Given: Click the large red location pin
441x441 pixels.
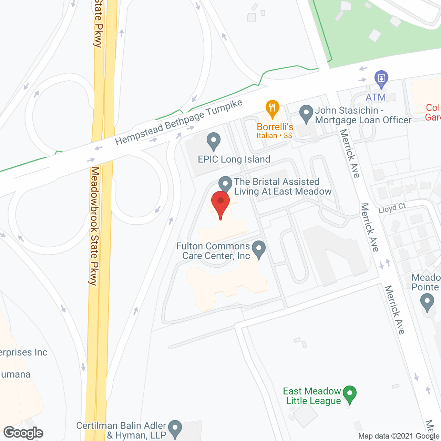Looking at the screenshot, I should click(220, 203).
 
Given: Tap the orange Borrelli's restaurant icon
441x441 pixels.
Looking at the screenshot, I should click(272, 108).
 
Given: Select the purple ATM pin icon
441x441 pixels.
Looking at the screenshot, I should click(381, 79).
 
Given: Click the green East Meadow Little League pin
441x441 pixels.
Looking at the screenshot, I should click(350, 394).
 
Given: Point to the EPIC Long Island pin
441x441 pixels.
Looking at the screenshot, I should click(214, 141).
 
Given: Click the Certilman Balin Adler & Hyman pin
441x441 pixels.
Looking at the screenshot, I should click(175, 428).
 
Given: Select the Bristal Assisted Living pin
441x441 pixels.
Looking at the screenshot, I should click(225, 183).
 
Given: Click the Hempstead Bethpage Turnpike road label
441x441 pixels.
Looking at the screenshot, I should click(179, 122).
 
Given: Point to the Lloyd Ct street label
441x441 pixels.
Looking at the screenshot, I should click(392, 208).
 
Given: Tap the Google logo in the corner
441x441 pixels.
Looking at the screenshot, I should click(23, 433).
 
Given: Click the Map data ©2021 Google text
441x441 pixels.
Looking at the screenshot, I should click(399, 436).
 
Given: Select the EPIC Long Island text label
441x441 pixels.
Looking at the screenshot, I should click(234, 160).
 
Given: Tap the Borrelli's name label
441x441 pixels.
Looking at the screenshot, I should click(275, 127).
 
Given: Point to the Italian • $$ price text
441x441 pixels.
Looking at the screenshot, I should click(274, 136).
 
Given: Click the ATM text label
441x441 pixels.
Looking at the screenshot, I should click(376, 98).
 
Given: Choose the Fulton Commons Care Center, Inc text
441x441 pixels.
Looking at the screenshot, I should click(213, 251).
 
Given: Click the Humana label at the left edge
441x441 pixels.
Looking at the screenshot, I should click(15, 375).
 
